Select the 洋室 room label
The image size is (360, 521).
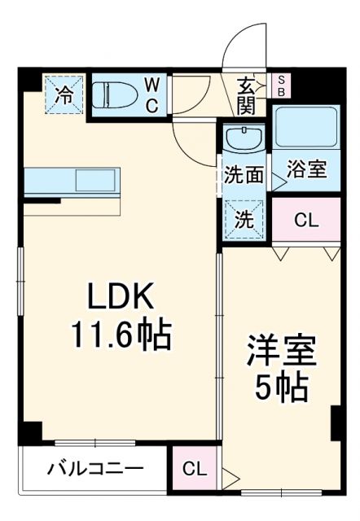[x=282, y=352]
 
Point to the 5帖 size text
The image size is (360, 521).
[x=282, y=387]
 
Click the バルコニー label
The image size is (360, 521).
[x=95, y=469]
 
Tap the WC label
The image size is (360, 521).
[x=152, y=95]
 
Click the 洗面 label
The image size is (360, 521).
[x=244, y=173]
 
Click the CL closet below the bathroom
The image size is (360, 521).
[x=307, y=220]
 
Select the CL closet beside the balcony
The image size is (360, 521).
[x=195, y=470]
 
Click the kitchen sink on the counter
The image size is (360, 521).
[x=97, y=178]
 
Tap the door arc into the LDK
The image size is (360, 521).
[x=194, y=142]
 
